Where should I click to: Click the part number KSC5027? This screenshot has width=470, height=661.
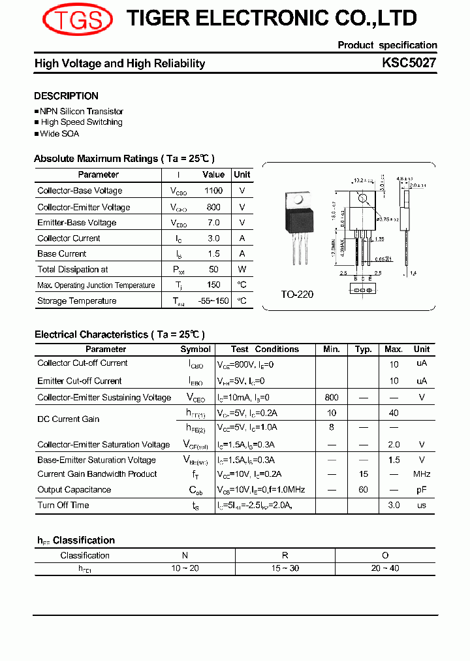(409, 63)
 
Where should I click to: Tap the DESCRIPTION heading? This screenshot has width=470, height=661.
(66, 96)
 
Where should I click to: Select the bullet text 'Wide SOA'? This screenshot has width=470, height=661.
(59, 134)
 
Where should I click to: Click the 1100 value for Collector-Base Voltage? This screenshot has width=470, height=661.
(213, 191)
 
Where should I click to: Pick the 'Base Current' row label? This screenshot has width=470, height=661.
(62, 254)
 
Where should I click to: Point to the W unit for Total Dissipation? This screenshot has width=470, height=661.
(242, 270)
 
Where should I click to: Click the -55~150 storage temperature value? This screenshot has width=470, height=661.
(213, 301)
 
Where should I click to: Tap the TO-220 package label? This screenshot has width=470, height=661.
(297, 295)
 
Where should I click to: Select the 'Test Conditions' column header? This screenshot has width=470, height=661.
(265, 349)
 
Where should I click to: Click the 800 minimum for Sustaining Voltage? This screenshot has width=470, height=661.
(332, 397)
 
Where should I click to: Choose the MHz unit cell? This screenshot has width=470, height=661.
(422, 474)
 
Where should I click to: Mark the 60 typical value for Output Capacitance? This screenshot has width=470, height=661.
(364, 490)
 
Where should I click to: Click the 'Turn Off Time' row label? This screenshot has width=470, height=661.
(63, 506)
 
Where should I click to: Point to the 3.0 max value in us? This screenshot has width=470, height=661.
(394, 506)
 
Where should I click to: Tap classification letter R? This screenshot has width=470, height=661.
(285, 556)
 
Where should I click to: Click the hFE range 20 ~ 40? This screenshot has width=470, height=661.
(385, 568)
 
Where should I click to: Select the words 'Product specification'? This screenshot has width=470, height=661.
(387, 45)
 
